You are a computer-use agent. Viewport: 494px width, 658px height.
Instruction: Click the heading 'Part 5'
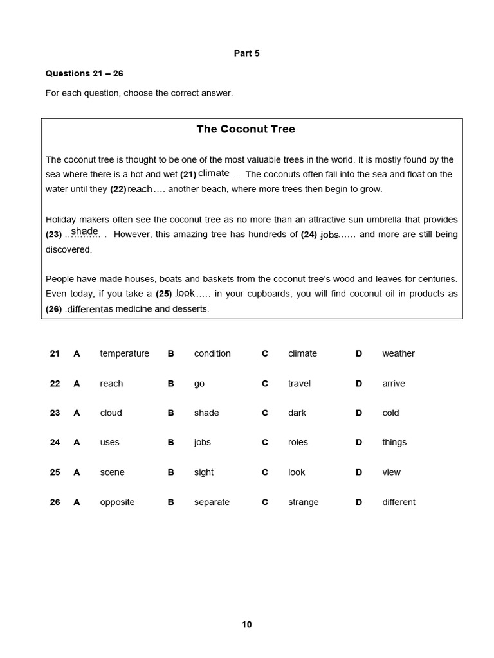pyautogui.click(x=246, y=53)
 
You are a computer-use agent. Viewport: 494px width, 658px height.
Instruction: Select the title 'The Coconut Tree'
pyautogui.click(x=246, y=129)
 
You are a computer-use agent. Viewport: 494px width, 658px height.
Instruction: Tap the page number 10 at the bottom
pyautogui.click(x=247, y=624)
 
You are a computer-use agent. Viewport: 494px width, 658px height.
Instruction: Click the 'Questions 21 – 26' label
pyautogui.click(x=84, y=73)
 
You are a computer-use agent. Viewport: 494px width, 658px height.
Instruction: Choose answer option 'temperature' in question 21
pyautogui.click(x=124, y=353)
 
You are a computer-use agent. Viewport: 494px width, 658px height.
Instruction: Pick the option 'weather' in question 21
pyautogui.click(x=398, y=353)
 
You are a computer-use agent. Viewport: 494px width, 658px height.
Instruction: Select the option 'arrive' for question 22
pyautogui.click(x=394, y=384)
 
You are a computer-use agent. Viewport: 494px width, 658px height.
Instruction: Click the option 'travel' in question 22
pyautogui.click(x=299, y=384)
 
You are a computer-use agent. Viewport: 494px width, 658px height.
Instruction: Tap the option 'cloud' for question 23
pyautogui.click(x=111, y=413)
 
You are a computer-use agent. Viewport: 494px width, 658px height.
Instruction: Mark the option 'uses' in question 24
pyautogui.click(x=109, y=442)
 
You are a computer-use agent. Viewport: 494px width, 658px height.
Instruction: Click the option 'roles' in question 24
pyautogui.click(x=298, y=442)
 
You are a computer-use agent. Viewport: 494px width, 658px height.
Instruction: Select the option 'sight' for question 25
pyautogui.click(x=204, y=472)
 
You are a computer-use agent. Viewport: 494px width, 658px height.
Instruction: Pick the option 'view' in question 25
pyautogui.click(x=391, y=472)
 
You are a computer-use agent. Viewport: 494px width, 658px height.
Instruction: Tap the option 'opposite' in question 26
pyautogui.click(x=117, y=502)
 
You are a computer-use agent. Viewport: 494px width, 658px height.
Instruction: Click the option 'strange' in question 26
pyautogui.click(x=303, y=502)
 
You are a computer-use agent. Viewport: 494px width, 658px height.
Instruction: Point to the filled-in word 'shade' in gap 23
pyautogui.click(x=84, y=231)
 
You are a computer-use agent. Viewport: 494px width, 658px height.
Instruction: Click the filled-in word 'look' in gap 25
pyautogui.click(x=185, y=293)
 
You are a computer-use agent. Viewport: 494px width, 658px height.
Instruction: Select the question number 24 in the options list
pyautogui.click(x=55, y=442)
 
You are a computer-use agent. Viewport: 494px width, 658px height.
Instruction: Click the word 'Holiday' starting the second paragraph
pyautogui.click(x=60, y=220)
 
